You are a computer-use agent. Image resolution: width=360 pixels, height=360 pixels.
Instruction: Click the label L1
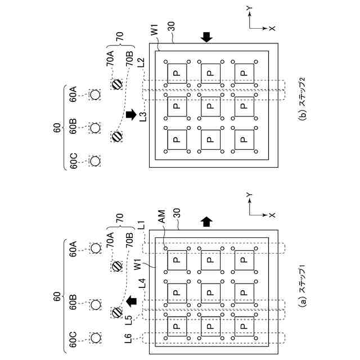tap(142, 225)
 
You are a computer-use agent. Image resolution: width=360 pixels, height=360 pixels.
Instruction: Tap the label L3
tap(142, 116)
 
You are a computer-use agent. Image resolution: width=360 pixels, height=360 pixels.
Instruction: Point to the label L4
tap(142, 283)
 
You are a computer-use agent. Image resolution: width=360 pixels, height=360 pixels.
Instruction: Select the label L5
tap(129, 320)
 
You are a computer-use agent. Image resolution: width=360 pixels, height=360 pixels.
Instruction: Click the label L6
tap(129, 338)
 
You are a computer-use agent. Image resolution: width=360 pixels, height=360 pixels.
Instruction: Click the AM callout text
tap(162, 217)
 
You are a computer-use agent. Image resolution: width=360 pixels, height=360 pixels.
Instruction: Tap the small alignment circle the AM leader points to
tap(165, 248)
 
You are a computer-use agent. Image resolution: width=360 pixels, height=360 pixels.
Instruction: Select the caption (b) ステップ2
tap(303, 99)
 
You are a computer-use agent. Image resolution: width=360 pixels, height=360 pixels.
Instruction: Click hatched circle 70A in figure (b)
tap(117, 84)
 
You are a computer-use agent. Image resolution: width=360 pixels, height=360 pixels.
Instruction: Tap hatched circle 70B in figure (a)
tap(117, 313)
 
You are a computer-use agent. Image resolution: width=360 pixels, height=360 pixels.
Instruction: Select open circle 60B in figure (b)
tap(95, 128)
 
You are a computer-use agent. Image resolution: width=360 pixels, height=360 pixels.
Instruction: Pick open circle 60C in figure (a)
tap(96, 337)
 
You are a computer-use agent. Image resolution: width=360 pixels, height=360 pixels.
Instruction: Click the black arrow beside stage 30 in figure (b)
tap(206, 37)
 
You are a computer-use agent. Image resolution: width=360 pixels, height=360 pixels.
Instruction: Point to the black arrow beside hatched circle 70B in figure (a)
tap(132, 301)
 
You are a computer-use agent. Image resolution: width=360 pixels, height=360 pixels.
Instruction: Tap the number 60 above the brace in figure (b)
tap(57, 128)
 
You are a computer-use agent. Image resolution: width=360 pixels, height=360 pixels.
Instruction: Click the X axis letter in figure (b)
tap(272, 28)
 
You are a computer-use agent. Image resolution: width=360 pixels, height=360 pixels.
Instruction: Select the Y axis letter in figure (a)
tap(249, 195)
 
